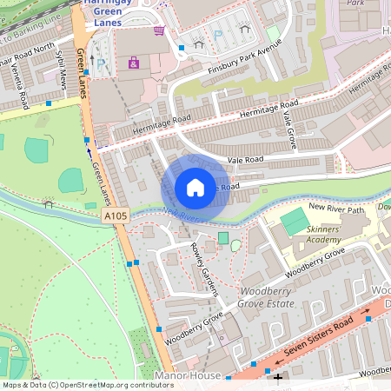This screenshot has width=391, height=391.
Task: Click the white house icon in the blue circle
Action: [x=195, y=188]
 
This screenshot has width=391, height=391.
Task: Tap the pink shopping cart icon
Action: [x=158, y=31]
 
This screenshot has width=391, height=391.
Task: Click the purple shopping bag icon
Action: [x=133, y=63]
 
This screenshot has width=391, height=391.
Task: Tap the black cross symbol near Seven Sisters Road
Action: [x=278, y=377]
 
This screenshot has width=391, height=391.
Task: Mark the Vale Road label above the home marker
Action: [x=246, y=160]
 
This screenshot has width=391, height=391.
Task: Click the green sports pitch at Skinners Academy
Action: [x=295, y=220]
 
